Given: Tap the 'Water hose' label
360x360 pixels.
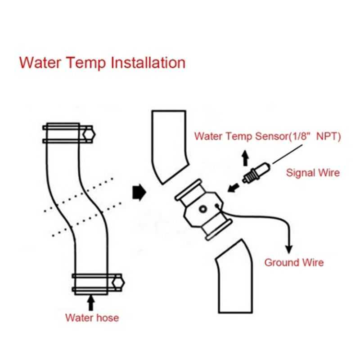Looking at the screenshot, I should pyautogui.click(x=92, y=318).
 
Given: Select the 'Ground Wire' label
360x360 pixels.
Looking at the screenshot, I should pyautogui.click(x=294, y=262).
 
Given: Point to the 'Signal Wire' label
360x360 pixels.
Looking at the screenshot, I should pyautogui.click(x=313, y=172).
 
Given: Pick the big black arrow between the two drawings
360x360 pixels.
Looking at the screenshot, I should pyautogui.click(x=138, y=193).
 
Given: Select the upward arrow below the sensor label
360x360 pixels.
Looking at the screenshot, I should pyautogui.click(x=245, y=158).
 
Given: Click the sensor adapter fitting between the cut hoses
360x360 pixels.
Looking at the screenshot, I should pyautogui.click(x=202, y=210).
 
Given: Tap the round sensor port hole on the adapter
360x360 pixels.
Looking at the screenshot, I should pyautogui.click(x=202, y=209).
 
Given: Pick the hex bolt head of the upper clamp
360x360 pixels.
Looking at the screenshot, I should pyautogui.click(x=89, y=133).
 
